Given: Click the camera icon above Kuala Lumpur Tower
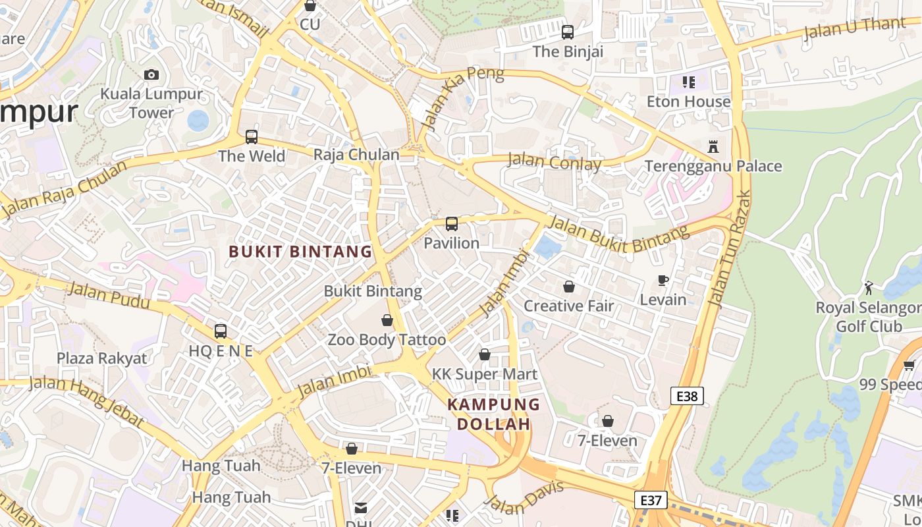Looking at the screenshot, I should point(151,74).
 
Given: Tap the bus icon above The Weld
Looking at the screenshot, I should point(252,137).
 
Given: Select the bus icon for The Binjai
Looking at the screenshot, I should point(567,32).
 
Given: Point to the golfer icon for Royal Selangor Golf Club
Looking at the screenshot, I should point(869,288).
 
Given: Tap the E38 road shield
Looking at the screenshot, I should point(687,396).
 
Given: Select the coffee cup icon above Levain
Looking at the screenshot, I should point(663,281).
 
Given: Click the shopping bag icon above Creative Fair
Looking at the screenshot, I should point(568,287).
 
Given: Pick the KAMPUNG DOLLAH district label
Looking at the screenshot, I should point(494,414).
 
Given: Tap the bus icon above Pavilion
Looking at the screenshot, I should point(451,224).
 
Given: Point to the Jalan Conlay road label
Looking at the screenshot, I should point(555,162).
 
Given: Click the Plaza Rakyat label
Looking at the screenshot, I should point(102,358).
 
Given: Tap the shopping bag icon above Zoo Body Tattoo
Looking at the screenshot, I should point(387,321).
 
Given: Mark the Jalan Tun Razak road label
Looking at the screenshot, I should point(729,249).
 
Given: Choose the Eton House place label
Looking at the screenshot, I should point(688,101).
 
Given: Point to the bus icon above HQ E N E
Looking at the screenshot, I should point(221,331).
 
